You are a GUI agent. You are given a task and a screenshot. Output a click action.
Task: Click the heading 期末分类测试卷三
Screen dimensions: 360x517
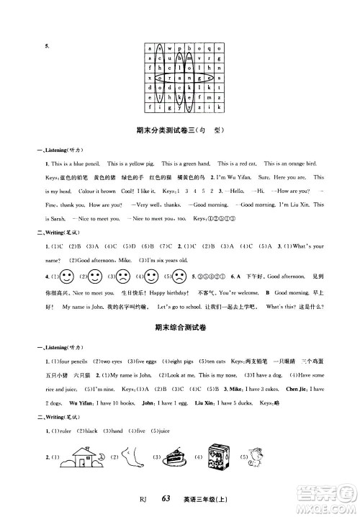tap(168, 130)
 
